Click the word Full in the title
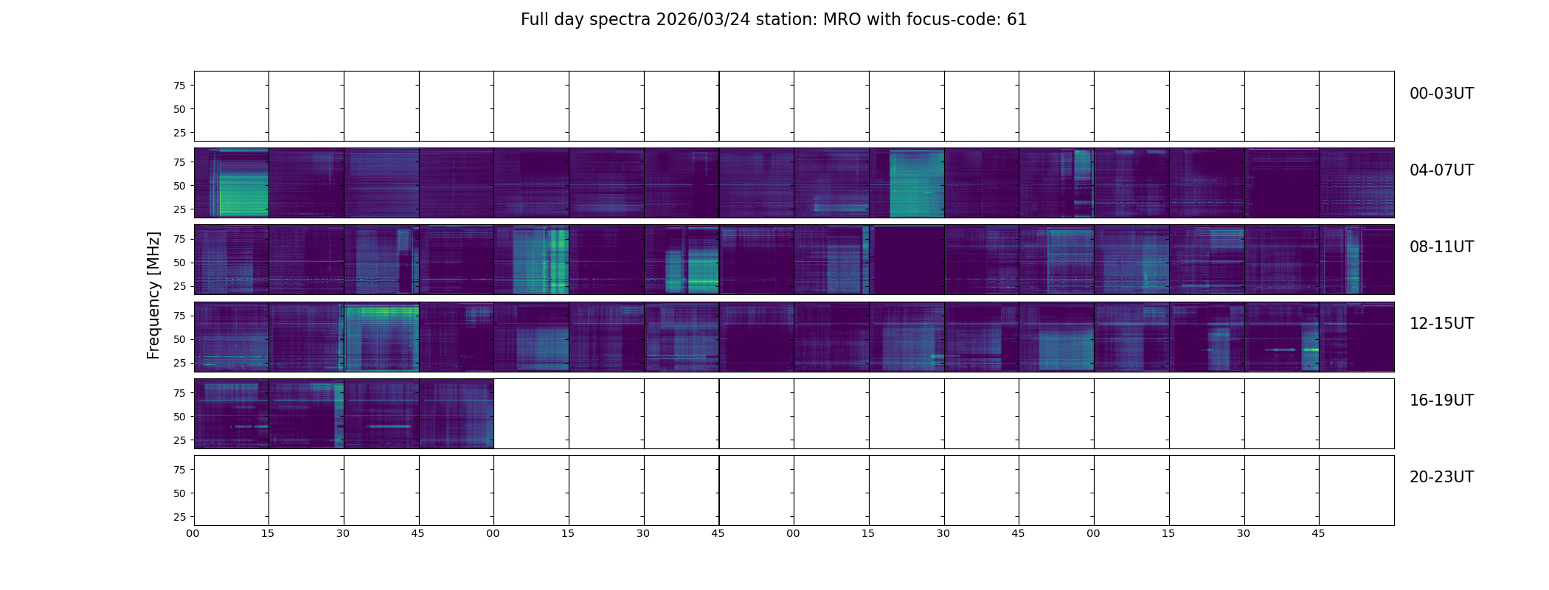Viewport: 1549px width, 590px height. coord(534,20)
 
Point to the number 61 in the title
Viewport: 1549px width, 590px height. coord(1017,20)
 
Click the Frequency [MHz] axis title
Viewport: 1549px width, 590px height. coord(153,295)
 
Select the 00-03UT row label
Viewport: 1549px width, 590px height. coord(1441,94)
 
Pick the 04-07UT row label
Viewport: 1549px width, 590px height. coord(1441,170)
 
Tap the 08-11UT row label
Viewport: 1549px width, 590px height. coord(1441,247)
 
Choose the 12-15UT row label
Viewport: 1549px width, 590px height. coord(1441,324)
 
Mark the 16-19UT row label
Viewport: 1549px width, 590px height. coord(1441,400)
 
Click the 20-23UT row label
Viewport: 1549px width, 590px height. coord(1441,477)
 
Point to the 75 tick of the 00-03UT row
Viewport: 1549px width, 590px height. coord(179,86)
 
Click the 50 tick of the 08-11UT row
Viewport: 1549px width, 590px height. coord(179,263)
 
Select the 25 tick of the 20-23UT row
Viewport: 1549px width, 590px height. coord(179,517)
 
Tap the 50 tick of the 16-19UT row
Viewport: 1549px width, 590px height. coord(179,417)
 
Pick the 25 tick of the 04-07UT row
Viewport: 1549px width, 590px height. coord(179,209)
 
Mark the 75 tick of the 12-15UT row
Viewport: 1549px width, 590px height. coord(179,316)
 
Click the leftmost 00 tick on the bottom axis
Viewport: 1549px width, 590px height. coord(193,533)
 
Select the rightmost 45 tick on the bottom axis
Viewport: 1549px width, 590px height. coord(1318,533)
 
